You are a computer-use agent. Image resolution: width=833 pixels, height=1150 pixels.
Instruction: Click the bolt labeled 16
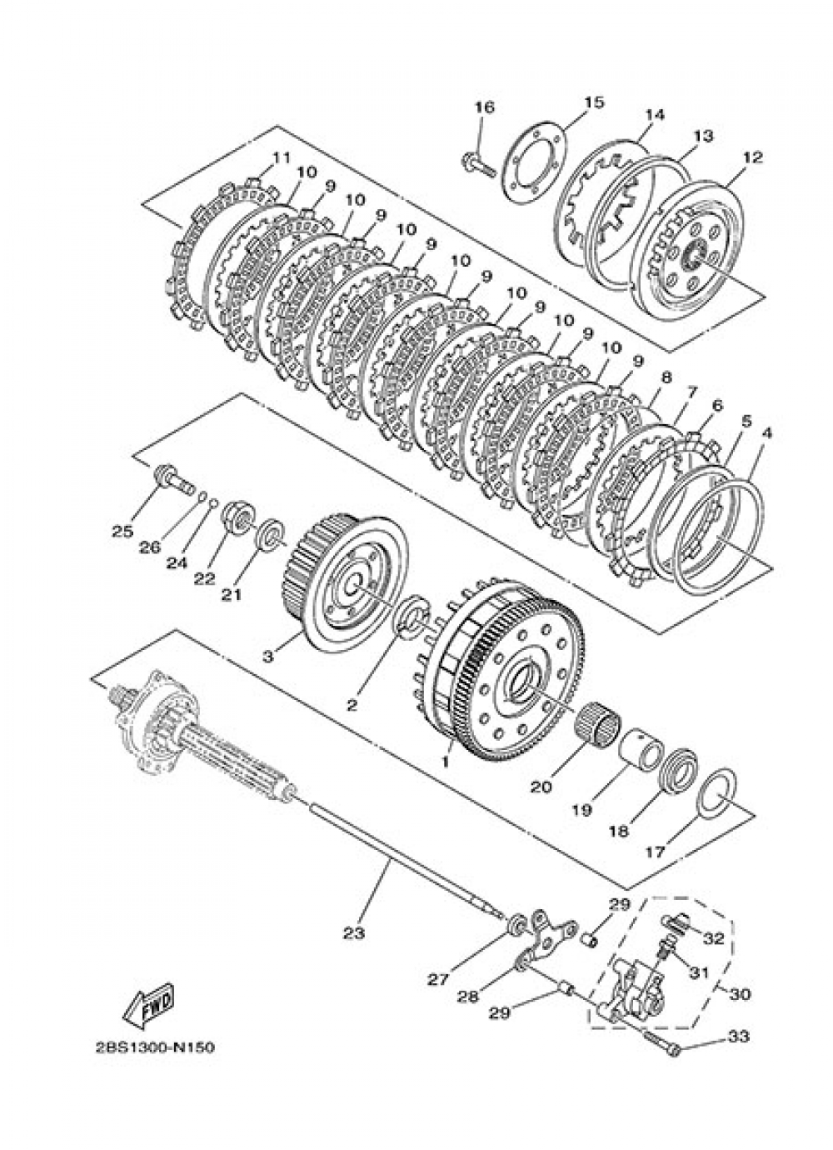click(477, 163)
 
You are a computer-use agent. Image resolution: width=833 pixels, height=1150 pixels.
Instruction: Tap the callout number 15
click(592, 102)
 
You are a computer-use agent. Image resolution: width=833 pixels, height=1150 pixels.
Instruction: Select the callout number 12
click(752, 156)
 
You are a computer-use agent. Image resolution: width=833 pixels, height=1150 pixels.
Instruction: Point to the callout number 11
click(280, 157)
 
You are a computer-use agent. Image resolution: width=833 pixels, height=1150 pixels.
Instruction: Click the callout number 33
click(738, 1037)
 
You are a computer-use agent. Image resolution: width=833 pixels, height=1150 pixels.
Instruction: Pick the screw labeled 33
click(662, 1042)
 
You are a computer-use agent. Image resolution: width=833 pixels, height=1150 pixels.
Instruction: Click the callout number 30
click(739, 994)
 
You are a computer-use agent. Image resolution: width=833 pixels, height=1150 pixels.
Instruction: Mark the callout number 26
click(150, 547)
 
